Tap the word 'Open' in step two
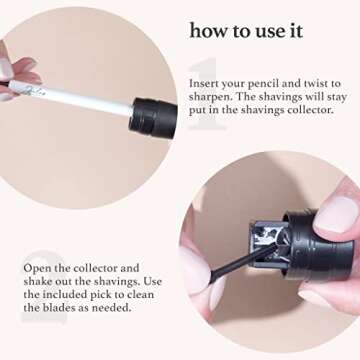(x=37, y=269)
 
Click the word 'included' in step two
(x=42, y=297)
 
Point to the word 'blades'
(x=57, y=311)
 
